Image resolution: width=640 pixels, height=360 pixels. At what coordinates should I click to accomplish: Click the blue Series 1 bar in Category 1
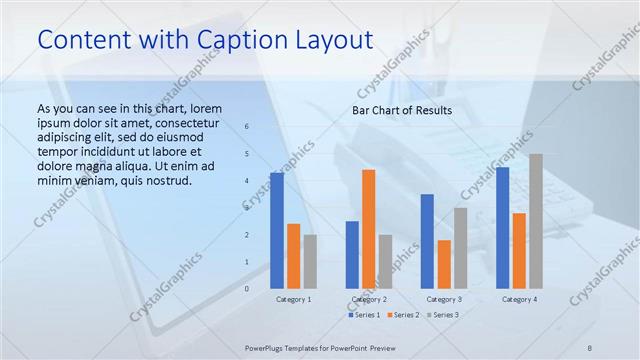(276, 230)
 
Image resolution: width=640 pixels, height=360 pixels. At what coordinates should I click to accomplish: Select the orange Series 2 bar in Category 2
(368, 228)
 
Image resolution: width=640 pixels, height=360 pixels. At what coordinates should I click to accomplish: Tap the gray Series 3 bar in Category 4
(536, 221)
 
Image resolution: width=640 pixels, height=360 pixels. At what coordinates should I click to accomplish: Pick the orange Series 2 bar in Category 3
(444, 264)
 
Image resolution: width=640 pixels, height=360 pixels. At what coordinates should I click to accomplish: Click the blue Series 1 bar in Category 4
(502, 227)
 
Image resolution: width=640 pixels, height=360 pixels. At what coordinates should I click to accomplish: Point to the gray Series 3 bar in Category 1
(310, 261)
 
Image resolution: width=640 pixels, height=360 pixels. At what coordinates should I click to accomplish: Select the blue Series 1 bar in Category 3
(427, 241)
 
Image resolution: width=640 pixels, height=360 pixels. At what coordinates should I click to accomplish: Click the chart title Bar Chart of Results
(401, 110)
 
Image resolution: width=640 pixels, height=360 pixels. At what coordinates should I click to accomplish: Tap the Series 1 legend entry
(364, 315)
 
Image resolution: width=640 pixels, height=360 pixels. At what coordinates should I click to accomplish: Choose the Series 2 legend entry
(401, 315)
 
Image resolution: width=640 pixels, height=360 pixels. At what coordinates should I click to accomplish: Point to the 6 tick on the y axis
(247, 127)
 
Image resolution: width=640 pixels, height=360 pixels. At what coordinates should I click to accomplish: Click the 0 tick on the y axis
(247, 288)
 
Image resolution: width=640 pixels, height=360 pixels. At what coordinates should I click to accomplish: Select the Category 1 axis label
(293, 299)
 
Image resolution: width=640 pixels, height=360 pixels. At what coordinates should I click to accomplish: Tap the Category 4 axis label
(519, 299)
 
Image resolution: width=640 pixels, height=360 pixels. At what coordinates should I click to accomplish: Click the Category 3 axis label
(444, 299)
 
